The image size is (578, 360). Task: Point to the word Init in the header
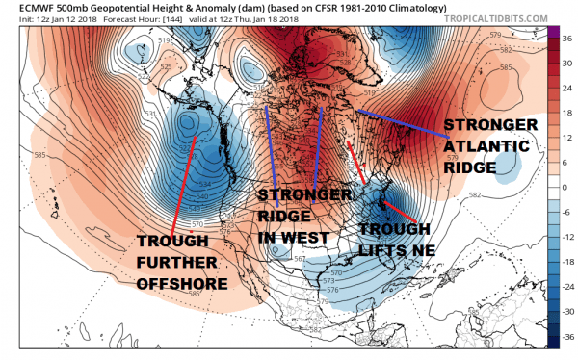pyautogui.click(x=14, y=21)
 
